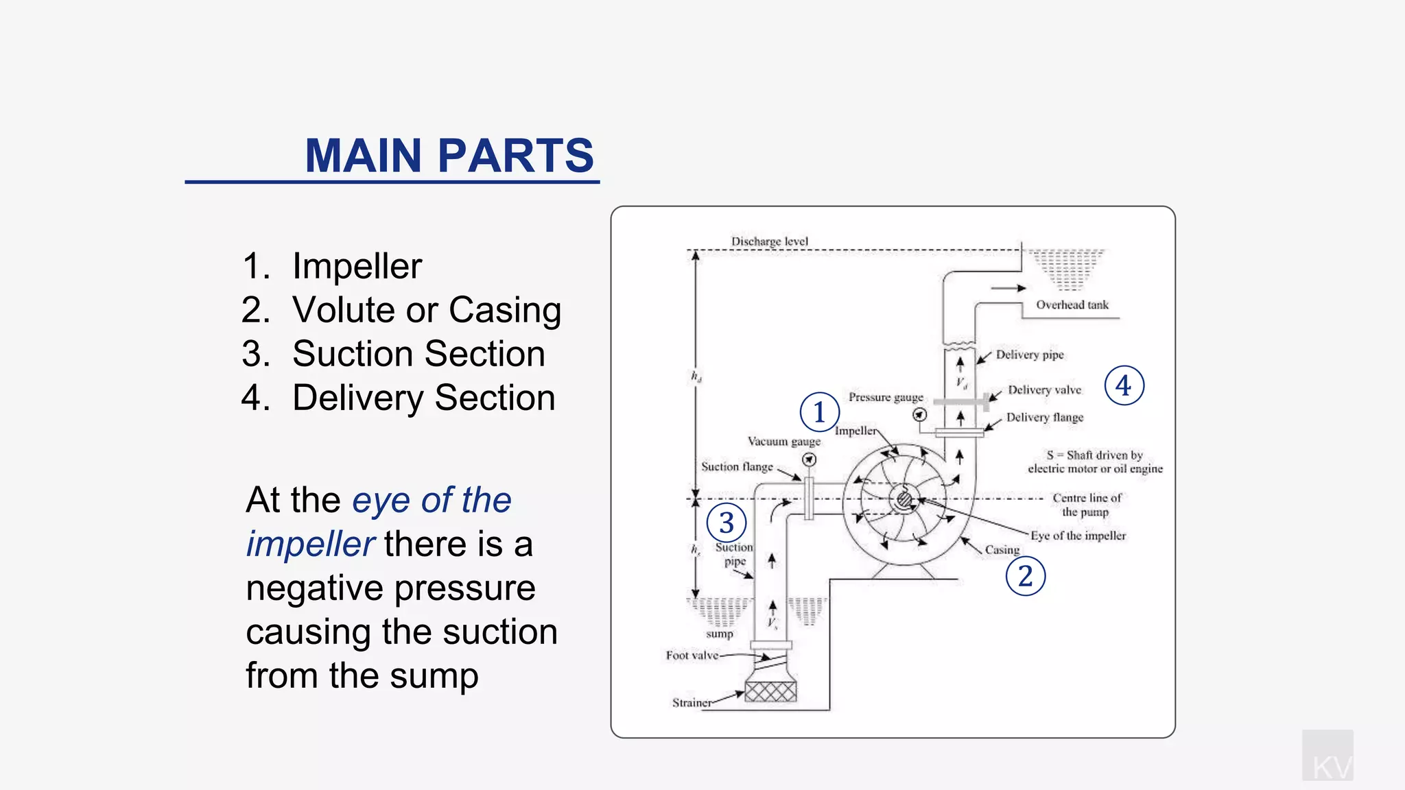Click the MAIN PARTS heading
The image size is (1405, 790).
449,156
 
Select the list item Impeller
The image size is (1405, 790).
356,266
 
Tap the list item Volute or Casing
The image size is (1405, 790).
426,310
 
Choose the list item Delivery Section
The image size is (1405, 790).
423,398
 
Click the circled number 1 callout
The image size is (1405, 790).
819,412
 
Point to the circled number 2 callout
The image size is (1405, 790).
1025,576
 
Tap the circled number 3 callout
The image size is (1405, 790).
727,523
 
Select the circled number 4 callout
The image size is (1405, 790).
1124,385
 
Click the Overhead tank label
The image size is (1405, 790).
1072,305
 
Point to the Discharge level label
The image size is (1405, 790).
769,241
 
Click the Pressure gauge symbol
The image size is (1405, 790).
920,415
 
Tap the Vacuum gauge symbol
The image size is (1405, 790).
810,460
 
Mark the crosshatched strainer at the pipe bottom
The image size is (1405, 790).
770,691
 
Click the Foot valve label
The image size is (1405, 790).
692,656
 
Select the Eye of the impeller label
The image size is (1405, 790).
1078,536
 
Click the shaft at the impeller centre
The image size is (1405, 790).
904,499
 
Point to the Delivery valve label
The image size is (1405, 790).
1044,390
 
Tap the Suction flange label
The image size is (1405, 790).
737,467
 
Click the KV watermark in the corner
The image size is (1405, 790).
1328,761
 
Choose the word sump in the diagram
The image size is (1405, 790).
720,634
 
